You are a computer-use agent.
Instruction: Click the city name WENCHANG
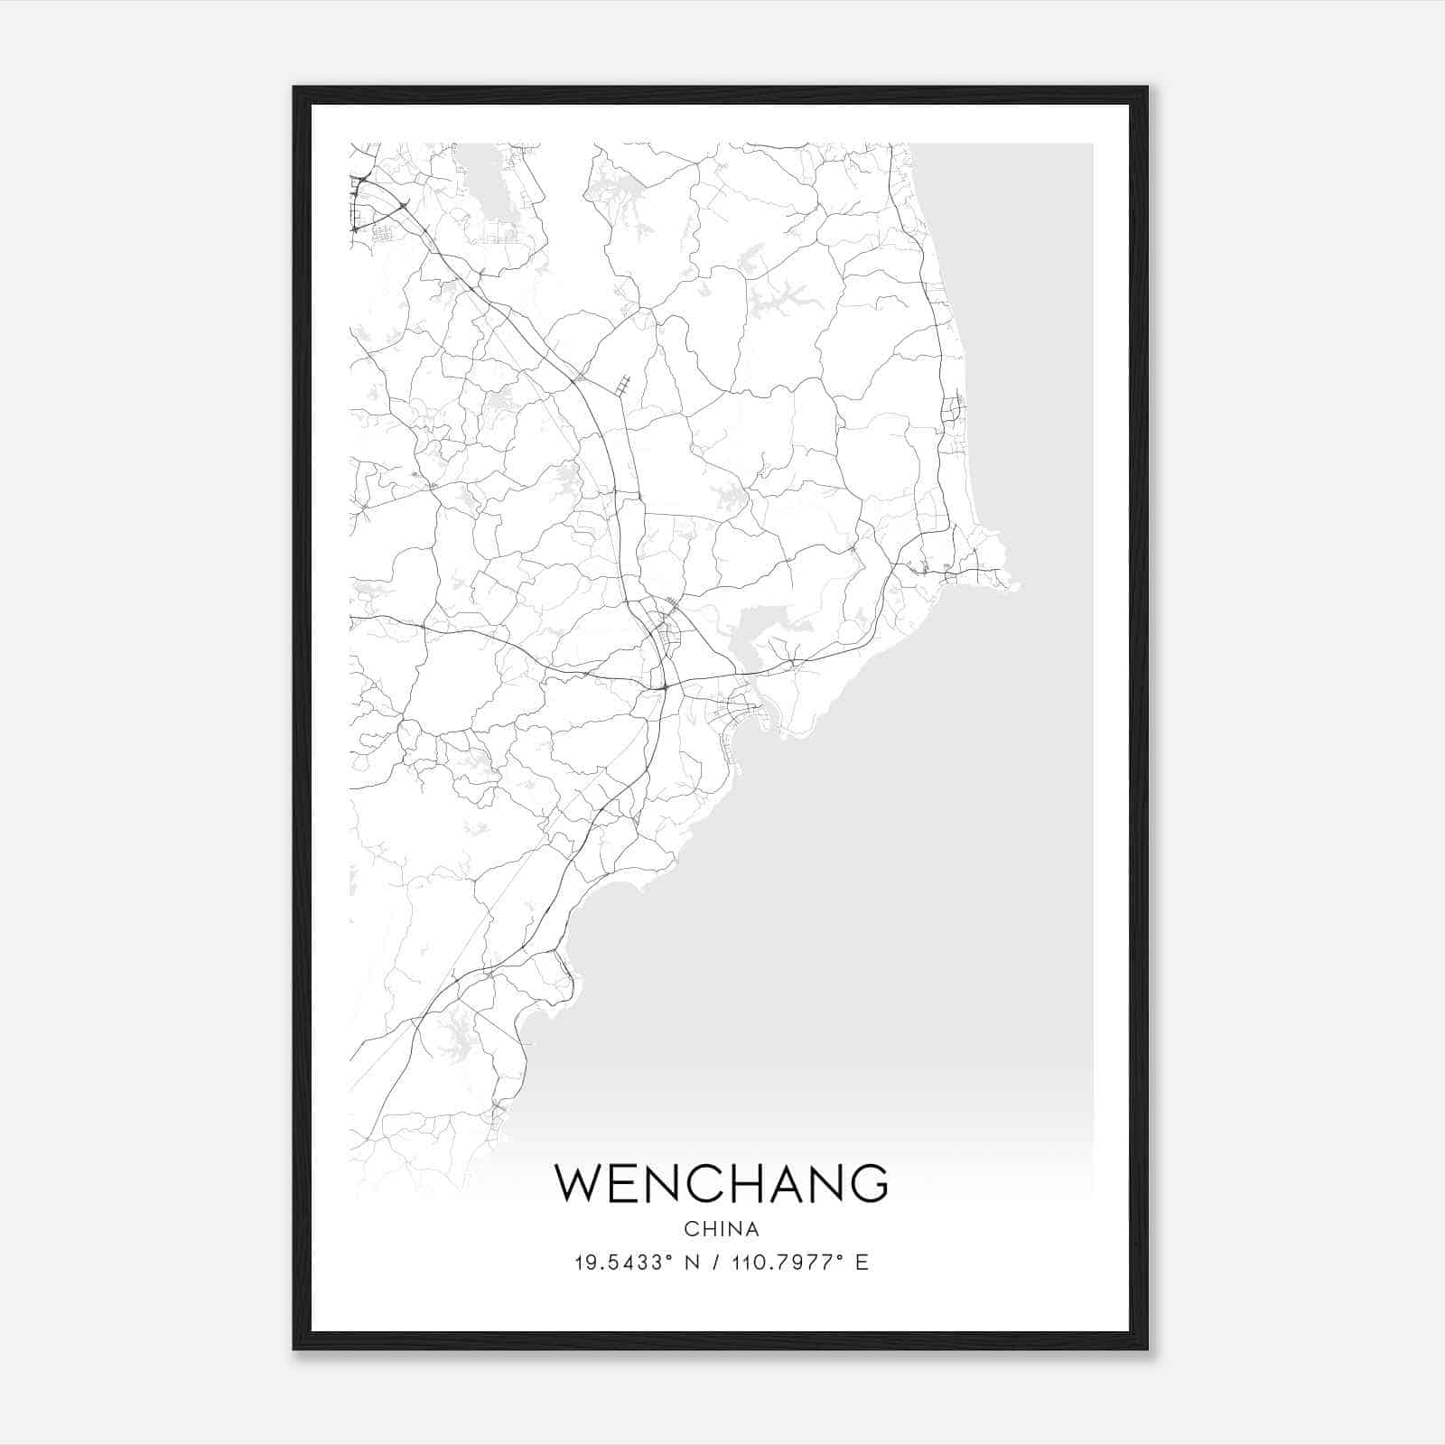(722, 1183)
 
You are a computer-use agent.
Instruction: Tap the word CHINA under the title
(722, 1229)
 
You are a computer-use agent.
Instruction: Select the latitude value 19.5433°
(623, 1263)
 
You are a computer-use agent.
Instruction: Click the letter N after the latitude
(694, 1263)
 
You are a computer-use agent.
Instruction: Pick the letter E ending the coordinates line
(862, 1263)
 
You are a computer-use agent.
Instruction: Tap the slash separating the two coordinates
(715, 1263)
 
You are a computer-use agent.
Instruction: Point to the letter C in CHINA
(690, 1229)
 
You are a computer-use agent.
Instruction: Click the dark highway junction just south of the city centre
(665, 688)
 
